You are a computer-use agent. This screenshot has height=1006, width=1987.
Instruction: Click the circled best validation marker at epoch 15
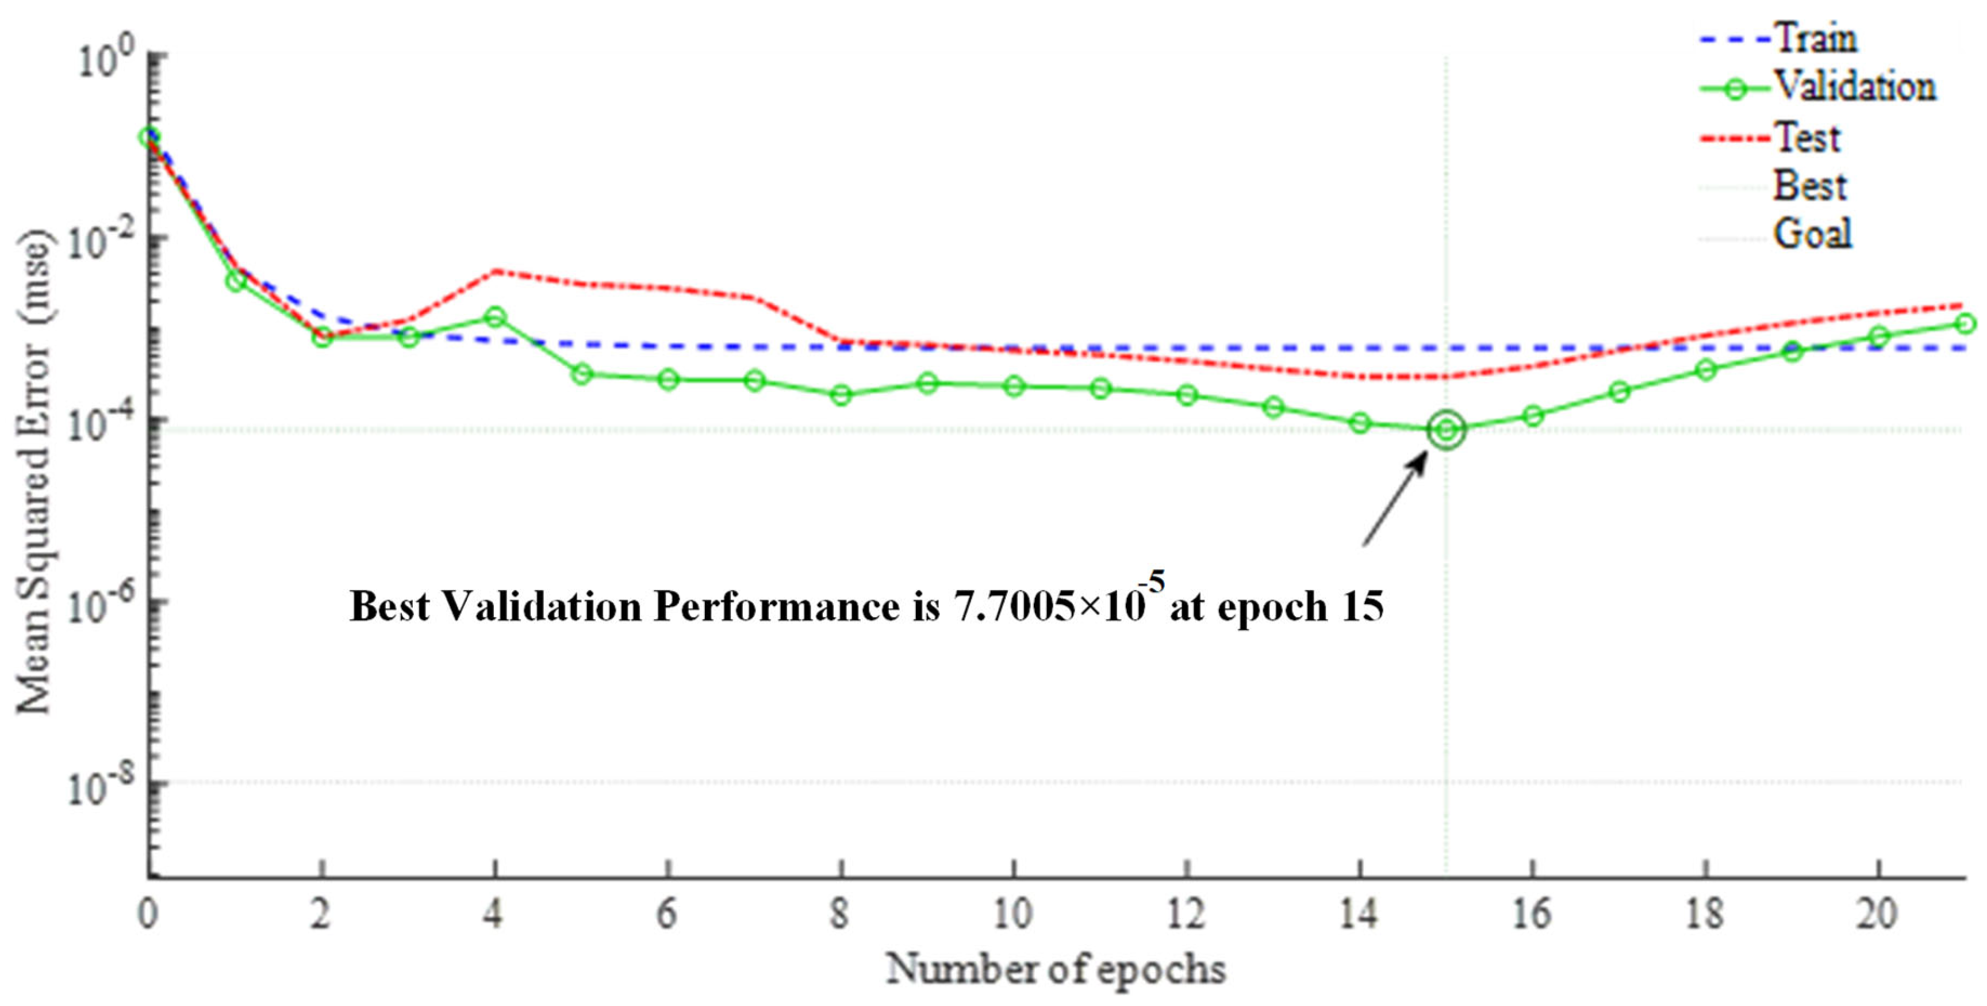[x=1445, y=430]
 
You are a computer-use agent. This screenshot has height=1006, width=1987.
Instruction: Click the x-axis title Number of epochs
[x=1055, y=969]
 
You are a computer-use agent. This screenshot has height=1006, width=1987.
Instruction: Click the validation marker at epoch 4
[x=494, y=317]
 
